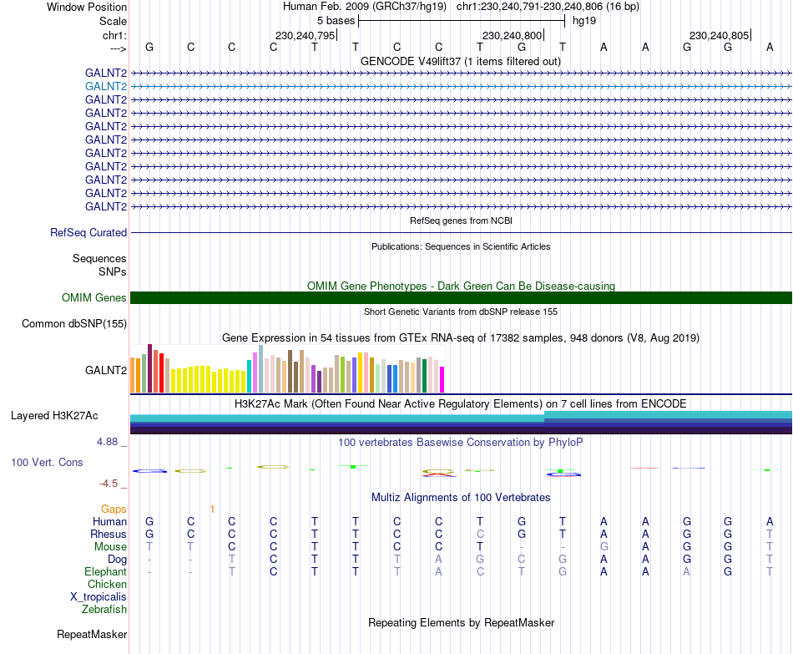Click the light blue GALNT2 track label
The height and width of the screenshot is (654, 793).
click(106, 87)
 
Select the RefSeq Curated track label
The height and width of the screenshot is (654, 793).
click(88, 233)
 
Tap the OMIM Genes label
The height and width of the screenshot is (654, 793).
click(93, 297)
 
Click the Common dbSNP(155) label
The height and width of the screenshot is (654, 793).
click(74, 324)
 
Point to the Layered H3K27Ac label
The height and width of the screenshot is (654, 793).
click(54, 416)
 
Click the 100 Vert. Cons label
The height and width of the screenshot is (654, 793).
click(47, 462)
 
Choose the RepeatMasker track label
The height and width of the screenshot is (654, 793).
click(92, 634)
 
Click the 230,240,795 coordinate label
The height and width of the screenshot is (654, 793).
click(305, 35)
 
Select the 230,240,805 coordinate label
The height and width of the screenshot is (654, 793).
click(719, 35)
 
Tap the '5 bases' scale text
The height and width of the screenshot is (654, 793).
click(336, 21)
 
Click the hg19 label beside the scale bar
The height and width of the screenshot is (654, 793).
click(584, 21)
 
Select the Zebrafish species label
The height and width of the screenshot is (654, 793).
click(104, 610)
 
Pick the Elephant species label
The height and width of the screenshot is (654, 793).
click(106, 572)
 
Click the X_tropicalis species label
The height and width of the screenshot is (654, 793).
click(98, 597)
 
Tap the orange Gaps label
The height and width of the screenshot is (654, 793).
click(114, 510)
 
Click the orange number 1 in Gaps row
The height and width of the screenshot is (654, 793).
click(212, 510)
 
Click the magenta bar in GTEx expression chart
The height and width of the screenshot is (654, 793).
click(442, 380)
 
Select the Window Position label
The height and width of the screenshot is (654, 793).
click(87, 7)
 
